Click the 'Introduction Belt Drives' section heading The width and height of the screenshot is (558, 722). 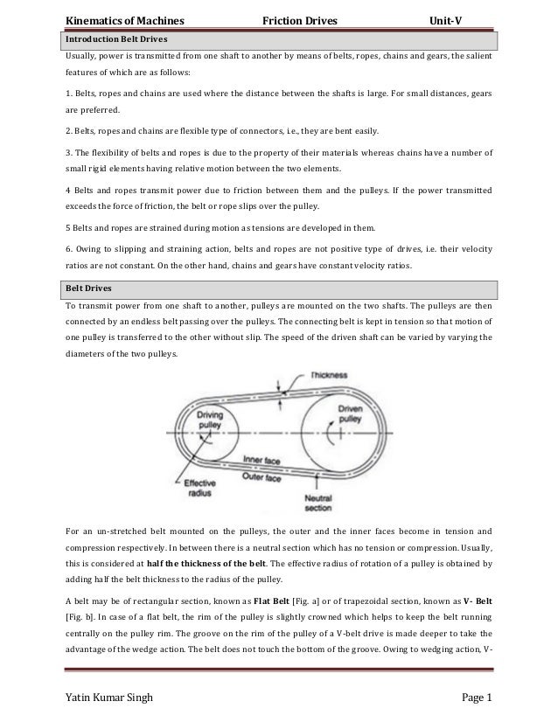click(118, 40)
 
